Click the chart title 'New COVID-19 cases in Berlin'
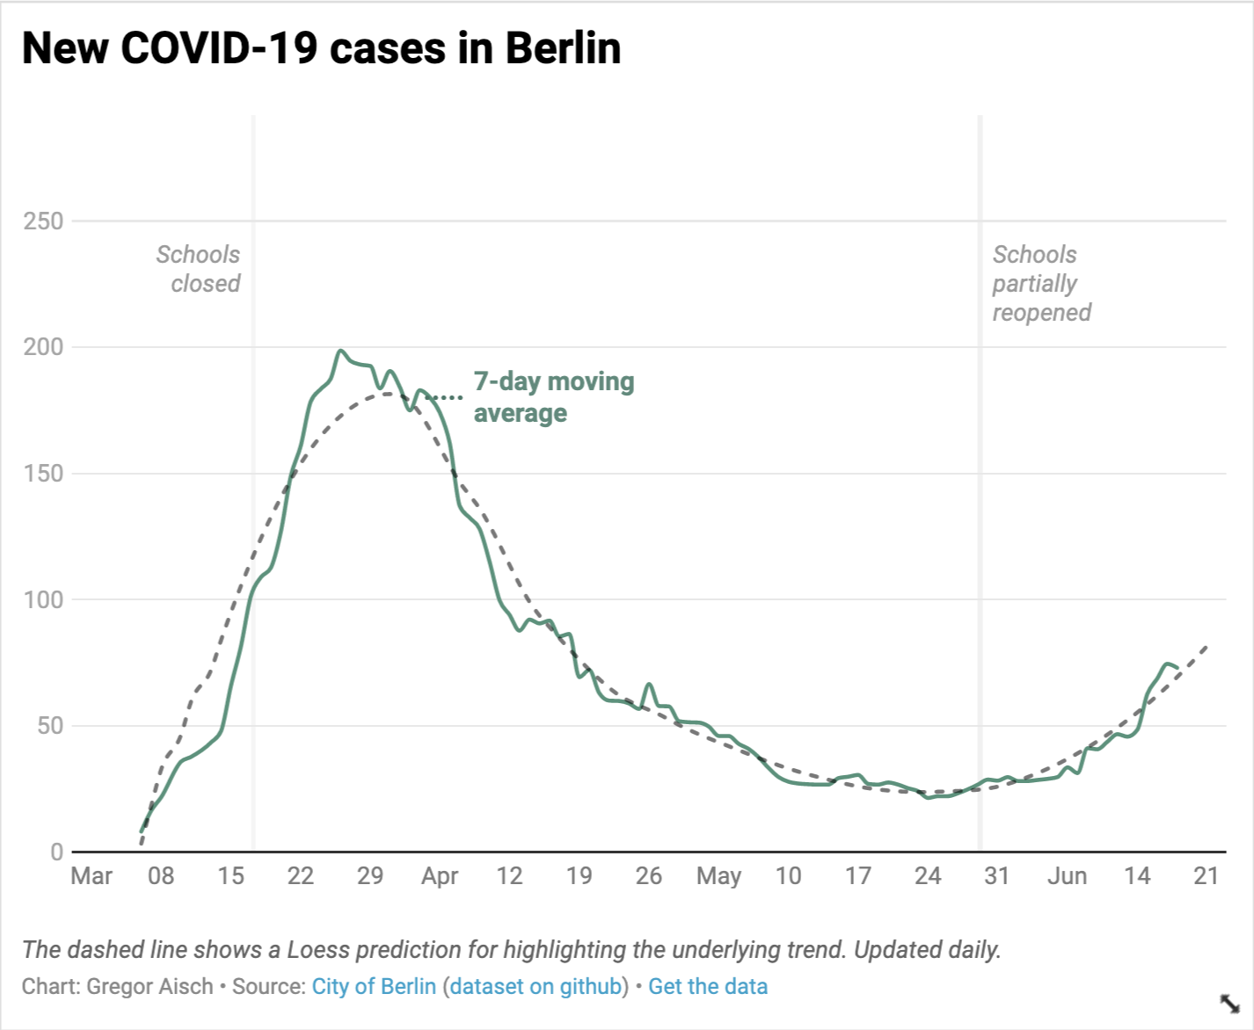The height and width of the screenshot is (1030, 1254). click(x=321, y=48)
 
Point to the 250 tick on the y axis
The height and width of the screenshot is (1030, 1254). click(x=43, y=221)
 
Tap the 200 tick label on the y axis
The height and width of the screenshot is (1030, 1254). click(x=43, y=347)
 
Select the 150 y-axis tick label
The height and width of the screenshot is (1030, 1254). click(x=43, y=473)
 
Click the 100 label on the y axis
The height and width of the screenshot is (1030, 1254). click(x=43, y=599)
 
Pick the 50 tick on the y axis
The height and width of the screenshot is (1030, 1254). click(x=51, y=726)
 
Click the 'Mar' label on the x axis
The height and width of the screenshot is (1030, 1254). click(x=91, y=876)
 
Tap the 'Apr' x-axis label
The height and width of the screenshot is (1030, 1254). click(x=440, y=876)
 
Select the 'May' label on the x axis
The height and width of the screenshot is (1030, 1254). click(x=718, y=876)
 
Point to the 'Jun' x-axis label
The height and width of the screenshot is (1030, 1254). click(x=1067, y=876)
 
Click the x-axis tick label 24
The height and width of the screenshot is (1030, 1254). click(x=928, y=876)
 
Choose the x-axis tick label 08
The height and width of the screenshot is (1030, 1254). click(x=161, y=876)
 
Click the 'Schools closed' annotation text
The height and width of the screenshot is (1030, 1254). click(x=199, y=269)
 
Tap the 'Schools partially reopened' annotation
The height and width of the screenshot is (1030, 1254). click(x=1041, y=283)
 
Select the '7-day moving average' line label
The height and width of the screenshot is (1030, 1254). click(x=553, y=397)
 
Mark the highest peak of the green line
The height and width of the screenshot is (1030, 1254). click(x=341, y=351)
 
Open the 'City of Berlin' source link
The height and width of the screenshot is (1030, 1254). click(x=374, y=986)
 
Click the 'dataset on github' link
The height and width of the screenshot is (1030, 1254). click(x=536, y=986)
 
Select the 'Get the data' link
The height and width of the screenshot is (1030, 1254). click(x=708, y=986)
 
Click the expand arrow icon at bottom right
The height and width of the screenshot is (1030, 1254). click(x=1229, y=1003)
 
